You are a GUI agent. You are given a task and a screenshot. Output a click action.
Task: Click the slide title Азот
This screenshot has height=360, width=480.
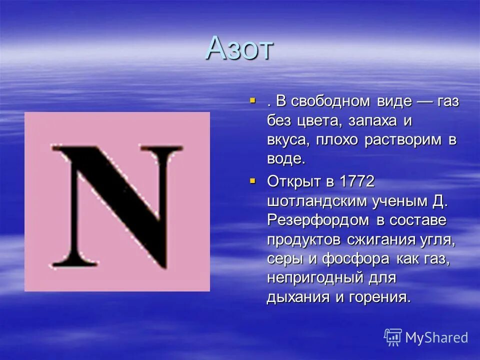click(x=239, y=48)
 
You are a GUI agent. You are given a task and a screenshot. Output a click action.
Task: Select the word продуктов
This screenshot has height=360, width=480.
click(x=304, y=239)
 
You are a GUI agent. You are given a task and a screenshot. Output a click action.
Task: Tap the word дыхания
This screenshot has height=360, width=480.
click(x=298, y=297)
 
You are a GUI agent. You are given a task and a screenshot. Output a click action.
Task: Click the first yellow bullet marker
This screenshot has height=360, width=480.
click(x=252, y=101)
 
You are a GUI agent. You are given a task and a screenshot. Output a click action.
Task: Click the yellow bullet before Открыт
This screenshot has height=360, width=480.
click(x=252, y=180)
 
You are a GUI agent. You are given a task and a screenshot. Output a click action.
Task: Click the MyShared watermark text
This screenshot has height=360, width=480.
click(x=436, y=337)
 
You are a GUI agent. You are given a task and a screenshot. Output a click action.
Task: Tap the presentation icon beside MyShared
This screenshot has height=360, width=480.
click(x=393, y=337)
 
